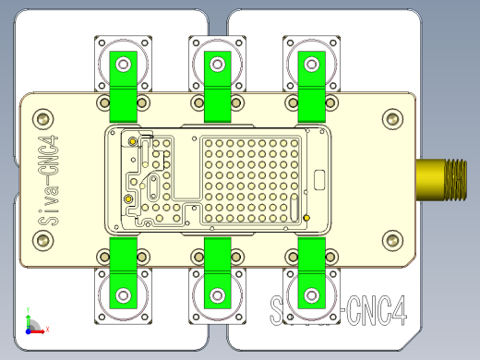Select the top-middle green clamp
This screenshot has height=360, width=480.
[217, 88]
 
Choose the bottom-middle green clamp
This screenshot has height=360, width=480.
[217, 272]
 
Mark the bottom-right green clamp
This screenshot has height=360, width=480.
[311, 272]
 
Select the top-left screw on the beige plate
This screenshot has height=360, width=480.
[42, 118]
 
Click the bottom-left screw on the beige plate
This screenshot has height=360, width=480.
[42, 241]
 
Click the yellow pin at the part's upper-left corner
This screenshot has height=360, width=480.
[132, 141]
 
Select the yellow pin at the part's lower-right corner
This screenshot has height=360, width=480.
[306, 218]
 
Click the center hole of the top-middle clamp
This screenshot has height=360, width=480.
[217, 64]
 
